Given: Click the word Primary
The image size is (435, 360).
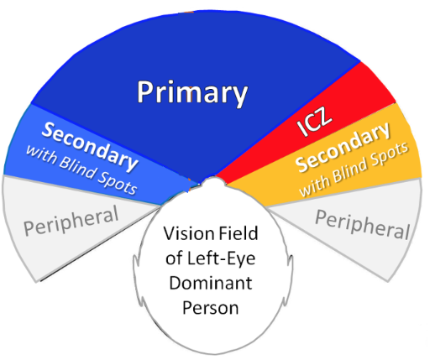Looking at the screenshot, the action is [x=192, y=93].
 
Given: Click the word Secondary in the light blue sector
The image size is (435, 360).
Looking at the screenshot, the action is [x=90, y=146].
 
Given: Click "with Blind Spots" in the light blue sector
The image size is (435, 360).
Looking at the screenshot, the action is [x=81, y=170].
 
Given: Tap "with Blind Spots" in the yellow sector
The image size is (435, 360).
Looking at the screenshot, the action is [x=354, y=170].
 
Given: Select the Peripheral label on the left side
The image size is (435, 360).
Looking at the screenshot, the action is [x=71, y=221].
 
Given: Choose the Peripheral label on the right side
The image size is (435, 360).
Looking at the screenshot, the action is [x=363, y=224].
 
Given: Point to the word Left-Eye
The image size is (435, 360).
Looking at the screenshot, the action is [x=221, y=258].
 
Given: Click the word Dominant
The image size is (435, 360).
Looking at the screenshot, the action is [x=211, y=283].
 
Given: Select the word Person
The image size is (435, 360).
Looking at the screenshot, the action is [x=211, y=308].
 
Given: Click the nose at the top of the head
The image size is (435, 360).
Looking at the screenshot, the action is [x=214, y=180].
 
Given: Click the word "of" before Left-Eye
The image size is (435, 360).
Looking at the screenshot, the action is [x=175, y=258].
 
